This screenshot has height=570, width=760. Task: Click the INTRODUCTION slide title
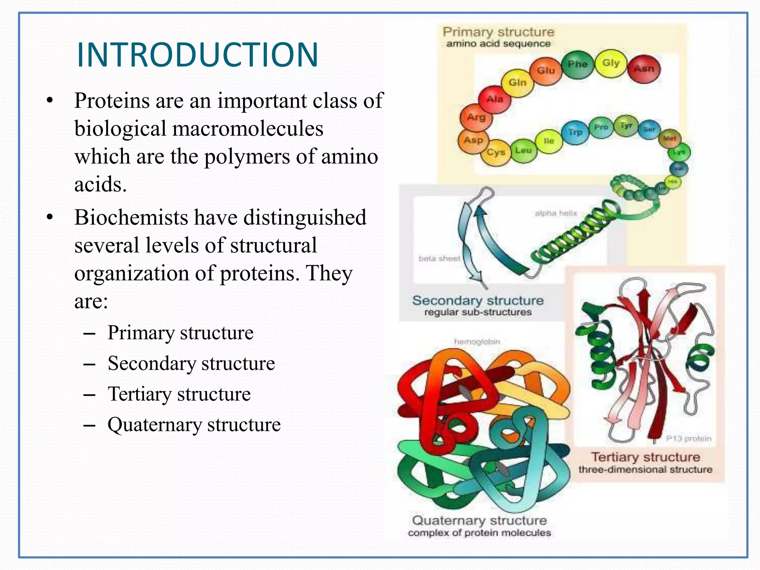[x=197, y=55]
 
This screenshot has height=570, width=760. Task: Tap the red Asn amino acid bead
[x=644, y=69]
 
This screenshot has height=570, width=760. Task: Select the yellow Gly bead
[x=611, y=63]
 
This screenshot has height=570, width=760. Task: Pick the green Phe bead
[x=577, y=65]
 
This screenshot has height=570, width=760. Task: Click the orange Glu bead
[x=546, y=71]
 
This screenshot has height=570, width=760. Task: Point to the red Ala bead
[x=494, y=99]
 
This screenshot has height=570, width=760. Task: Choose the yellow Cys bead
[x=496, y=153]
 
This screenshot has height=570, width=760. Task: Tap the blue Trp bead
[x=575, y=132]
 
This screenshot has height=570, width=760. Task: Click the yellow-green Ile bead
[x=548, y=141]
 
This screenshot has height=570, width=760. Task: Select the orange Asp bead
[x=473, y=141]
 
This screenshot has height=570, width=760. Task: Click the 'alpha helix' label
[x=556, y=213]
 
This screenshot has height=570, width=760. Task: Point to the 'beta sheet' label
[x=439, y=258]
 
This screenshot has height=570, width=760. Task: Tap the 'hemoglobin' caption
[x=477, y=341]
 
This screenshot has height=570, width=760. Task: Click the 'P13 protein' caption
[x=688, y=439]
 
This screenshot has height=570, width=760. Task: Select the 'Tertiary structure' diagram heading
[x=645, y=457]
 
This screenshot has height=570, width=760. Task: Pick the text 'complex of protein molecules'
[x=479, y=533]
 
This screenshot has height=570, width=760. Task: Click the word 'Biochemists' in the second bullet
[x=131, y=217]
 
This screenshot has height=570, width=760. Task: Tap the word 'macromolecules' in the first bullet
[x=248, y=129]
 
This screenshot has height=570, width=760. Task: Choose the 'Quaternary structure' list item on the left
[x=194, y=425]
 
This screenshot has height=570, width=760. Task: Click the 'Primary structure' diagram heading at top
[x=498, y=32]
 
